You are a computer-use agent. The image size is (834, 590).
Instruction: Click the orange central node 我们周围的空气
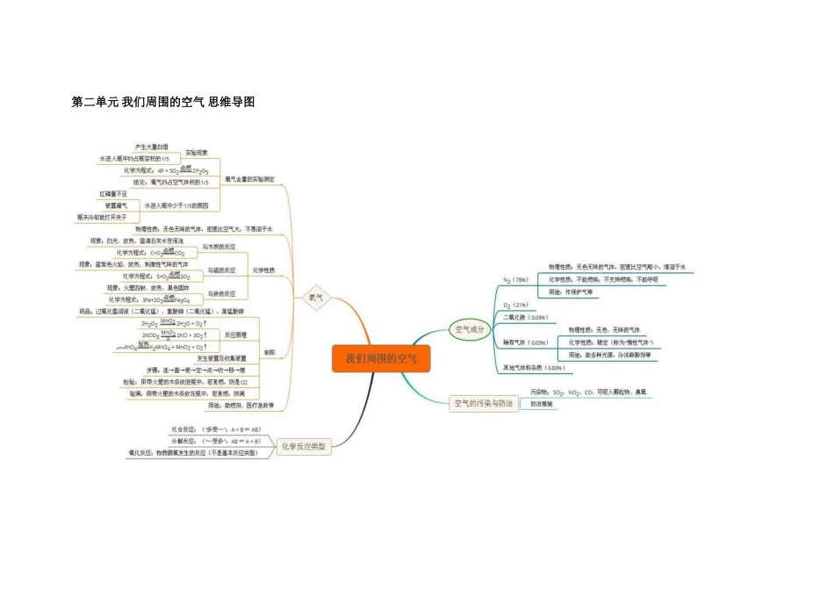tap(381, 358)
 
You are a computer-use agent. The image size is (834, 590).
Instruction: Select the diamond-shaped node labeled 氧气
tap(315, 298)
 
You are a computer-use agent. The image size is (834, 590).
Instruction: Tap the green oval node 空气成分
tap(467, 330)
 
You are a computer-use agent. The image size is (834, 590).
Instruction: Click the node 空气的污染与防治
tap(482, 404)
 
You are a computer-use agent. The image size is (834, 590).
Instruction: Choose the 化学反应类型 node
tap(304, 447)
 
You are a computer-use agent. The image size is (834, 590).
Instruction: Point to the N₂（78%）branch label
tap(515, 280)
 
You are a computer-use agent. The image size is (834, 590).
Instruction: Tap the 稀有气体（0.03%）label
tap(525, 342)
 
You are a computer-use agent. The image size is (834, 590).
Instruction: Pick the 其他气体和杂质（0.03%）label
tap(533, 367)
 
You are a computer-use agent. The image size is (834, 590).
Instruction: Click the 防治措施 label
tap(542, 404)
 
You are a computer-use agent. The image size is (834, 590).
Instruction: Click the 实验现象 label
tap(197, 153)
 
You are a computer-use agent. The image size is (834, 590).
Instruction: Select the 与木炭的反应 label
tap(219, 247)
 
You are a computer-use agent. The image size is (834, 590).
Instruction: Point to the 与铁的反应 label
tap(221, 293)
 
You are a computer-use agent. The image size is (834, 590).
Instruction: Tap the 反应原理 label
tap(235, 335)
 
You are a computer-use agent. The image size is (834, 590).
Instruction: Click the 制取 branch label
tap(270, 352)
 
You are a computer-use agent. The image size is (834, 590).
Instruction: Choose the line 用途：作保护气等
tap(571, 291)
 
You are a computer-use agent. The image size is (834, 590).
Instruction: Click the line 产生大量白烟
tap(151, 147)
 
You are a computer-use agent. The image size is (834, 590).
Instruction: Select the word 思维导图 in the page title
tap(232, 102)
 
